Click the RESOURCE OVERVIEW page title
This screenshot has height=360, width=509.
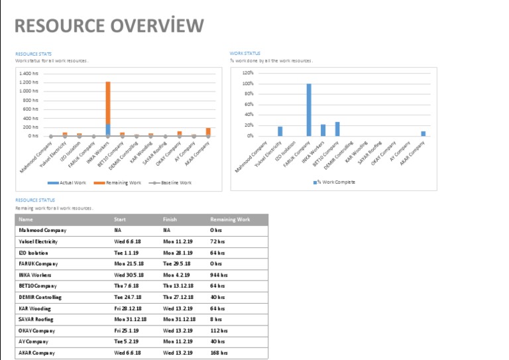(x=109, y=26)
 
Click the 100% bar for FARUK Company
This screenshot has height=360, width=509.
(x=309, y=109)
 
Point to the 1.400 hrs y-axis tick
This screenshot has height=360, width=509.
(x=28, y=73)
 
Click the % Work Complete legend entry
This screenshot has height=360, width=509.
(x=336, y=182)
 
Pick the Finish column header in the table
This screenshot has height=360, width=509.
(x=170, y=219)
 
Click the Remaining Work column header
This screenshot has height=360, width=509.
(x=230, y=219)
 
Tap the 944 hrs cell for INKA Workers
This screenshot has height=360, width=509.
(x=219, y=274)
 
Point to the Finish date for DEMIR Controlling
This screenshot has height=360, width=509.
(x=178, y=297)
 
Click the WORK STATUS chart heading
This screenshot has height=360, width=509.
(x=245, y=54)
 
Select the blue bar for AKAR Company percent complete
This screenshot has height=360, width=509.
(x=424, y=133)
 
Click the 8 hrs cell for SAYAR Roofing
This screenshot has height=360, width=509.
(x=215, y=319)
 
